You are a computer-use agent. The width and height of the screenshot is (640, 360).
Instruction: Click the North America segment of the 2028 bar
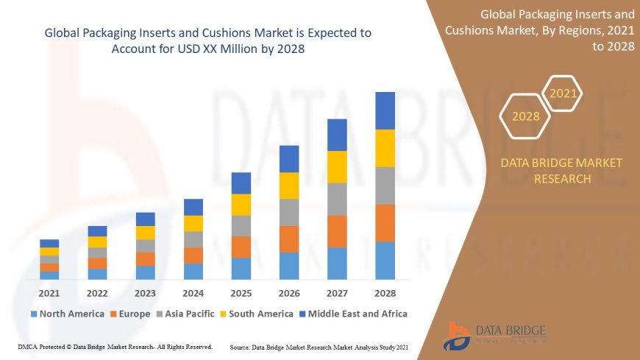pyautogui.click(x=385, y=261)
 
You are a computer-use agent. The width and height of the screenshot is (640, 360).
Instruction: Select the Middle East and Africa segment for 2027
pyautogui.click(x=337, y=135)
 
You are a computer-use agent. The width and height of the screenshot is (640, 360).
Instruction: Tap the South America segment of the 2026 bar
pyautogui.click(x=289, y=186)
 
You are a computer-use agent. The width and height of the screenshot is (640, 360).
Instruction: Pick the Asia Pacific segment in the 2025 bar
pyautogui.click(x=241, y=225)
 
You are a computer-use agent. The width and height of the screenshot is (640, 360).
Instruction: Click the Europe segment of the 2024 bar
pyautogui.click(x=193, y=255)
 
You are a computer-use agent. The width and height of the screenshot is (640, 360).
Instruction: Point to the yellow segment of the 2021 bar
pyautogui.click(x=49, y=251)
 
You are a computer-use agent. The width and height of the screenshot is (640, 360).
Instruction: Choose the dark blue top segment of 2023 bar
pyautogui.click(x=146, y=219)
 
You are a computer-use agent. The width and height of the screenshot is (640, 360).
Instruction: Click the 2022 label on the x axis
pyautogui.click(x=97, y=292)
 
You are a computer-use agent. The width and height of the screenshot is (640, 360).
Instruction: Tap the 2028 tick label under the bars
pyautogui.click(x=385, y=292)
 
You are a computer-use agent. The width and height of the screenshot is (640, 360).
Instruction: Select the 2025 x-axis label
pyautogui.click(x=241, y=292)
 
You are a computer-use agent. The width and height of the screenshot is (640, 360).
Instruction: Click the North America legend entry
pyautogui.click(x=67, y=314)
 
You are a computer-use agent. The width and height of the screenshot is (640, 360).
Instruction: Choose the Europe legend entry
pyautogui.click(x=130, y=314)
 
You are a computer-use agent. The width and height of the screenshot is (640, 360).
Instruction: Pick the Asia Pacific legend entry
pyautogui.click(x=187, y=314)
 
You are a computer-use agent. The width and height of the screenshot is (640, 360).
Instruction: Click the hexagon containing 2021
pyautogui.click(x=563, y=93)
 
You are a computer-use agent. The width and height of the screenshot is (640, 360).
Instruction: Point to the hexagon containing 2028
pyautogui.click(x=525, y=116)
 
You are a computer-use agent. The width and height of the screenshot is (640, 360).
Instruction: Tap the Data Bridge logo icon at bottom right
pyautogui.click(x=458, y=336)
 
